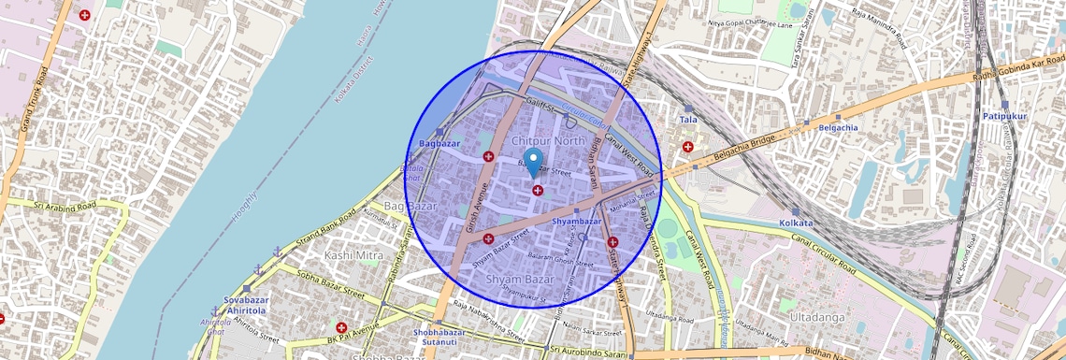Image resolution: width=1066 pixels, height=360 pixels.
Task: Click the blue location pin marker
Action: [x=533, y=162]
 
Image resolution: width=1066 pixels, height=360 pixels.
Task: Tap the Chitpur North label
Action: [x=549, y=140]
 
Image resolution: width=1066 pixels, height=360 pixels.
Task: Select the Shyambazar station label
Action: [x=576, y=221]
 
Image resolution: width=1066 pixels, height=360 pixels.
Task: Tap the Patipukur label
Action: [x=1004, y=116]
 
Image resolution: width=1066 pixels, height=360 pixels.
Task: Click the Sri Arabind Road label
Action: [x=64, y=205]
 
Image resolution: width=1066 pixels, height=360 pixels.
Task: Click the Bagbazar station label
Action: [x=440, y=144]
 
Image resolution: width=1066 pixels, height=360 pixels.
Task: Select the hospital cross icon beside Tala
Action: [x=688, y=147]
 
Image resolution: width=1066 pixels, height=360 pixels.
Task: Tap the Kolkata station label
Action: [x=796, y=223]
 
